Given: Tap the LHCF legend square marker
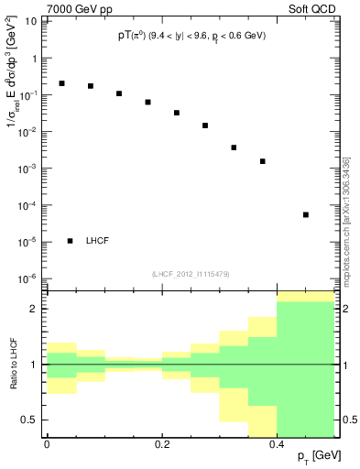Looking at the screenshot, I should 71,241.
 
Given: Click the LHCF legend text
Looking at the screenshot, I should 98,241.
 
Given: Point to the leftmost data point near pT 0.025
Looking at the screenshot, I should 61,83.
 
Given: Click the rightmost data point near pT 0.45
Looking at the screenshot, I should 305,214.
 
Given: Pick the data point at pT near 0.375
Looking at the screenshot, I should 262,161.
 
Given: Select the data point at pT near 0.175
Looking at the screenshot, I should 147,102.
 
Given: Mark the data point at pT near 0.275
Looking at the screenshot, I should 205,125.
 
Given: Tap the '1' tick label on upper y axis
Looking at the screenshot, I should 36,59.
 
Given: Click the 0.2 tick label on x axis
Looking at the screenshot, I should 161,444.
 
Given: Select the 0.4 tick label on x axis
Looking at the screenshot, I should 277,444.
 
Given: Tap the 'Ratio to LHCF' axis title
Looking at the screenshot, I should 14,365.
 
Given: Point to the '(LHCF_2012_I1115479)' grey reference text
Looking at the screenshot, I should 191,274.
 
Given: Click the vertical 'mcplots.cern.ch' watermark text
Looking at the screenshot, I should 346,220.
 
